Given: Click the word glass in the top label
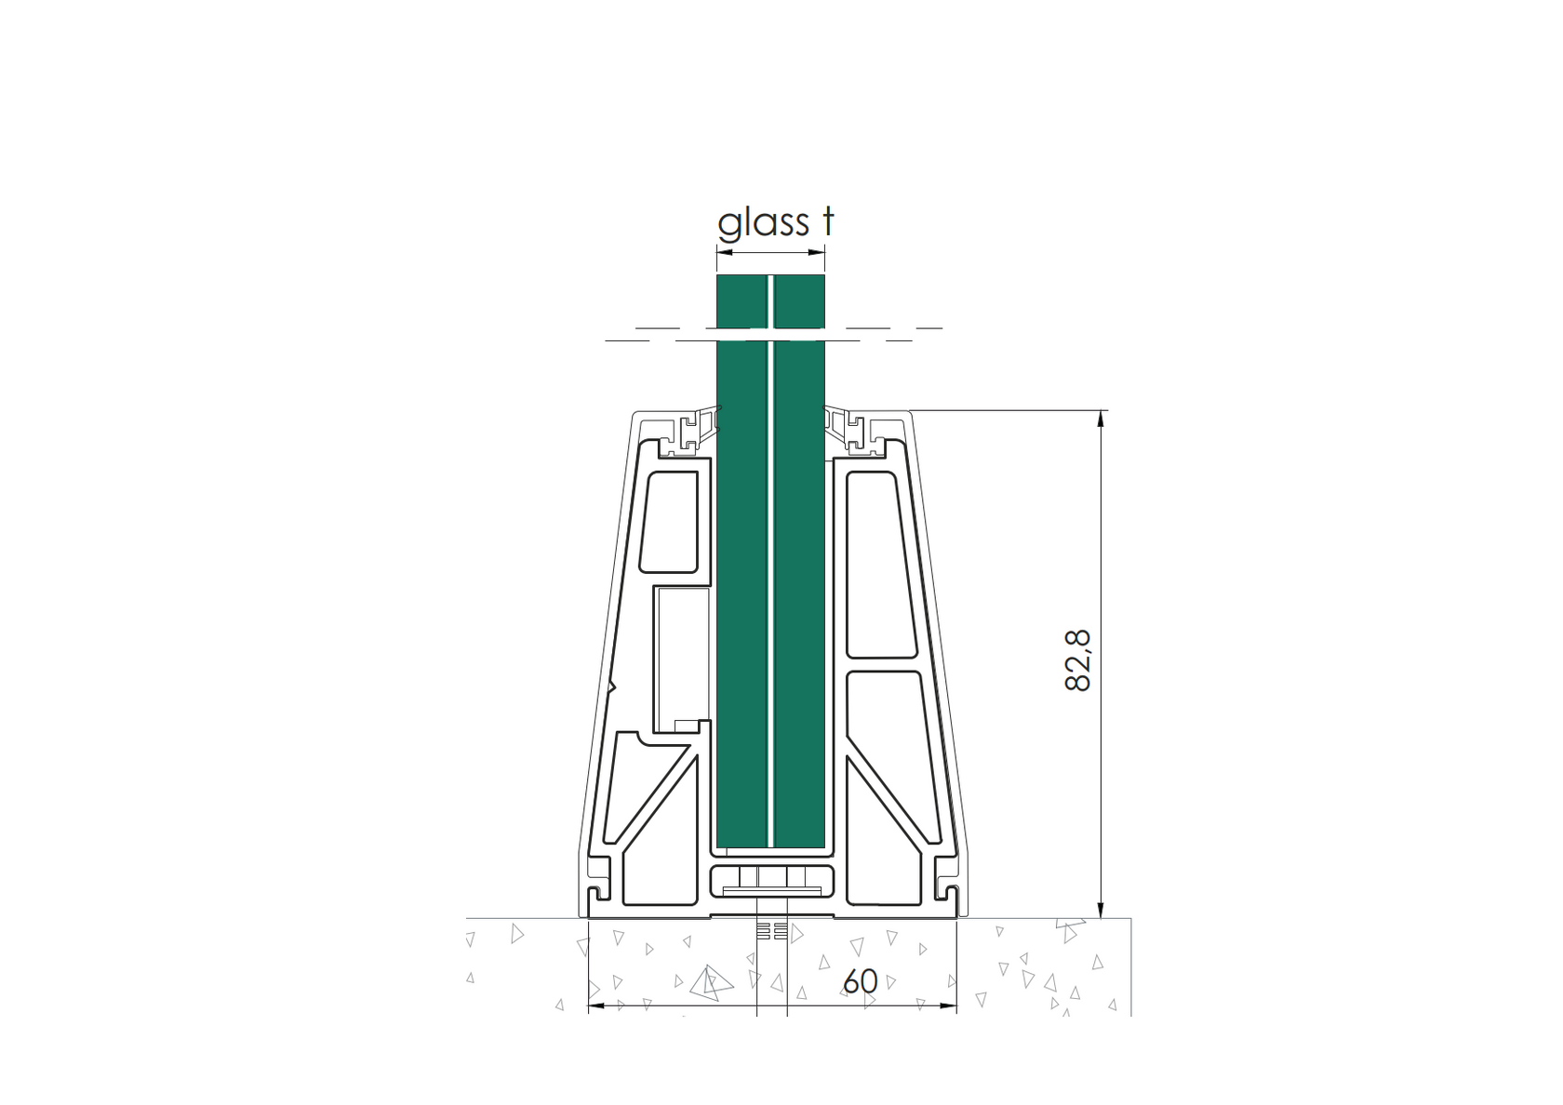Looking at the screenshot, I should coord(763,223).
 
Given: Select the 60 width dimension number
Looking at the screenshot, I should coord(861,981).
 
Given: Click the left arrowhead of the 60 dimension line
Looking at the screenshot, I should coord(596,1005).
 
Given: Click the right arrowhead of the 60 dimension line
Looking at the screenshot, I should coord(950,1005).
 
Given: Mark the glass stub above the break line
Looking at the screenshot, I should coord(770,300).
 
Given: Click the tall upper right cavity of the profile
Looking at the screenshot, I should coord(880,563).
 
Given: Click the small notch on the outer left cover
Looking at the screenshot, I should coord(611,687).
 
